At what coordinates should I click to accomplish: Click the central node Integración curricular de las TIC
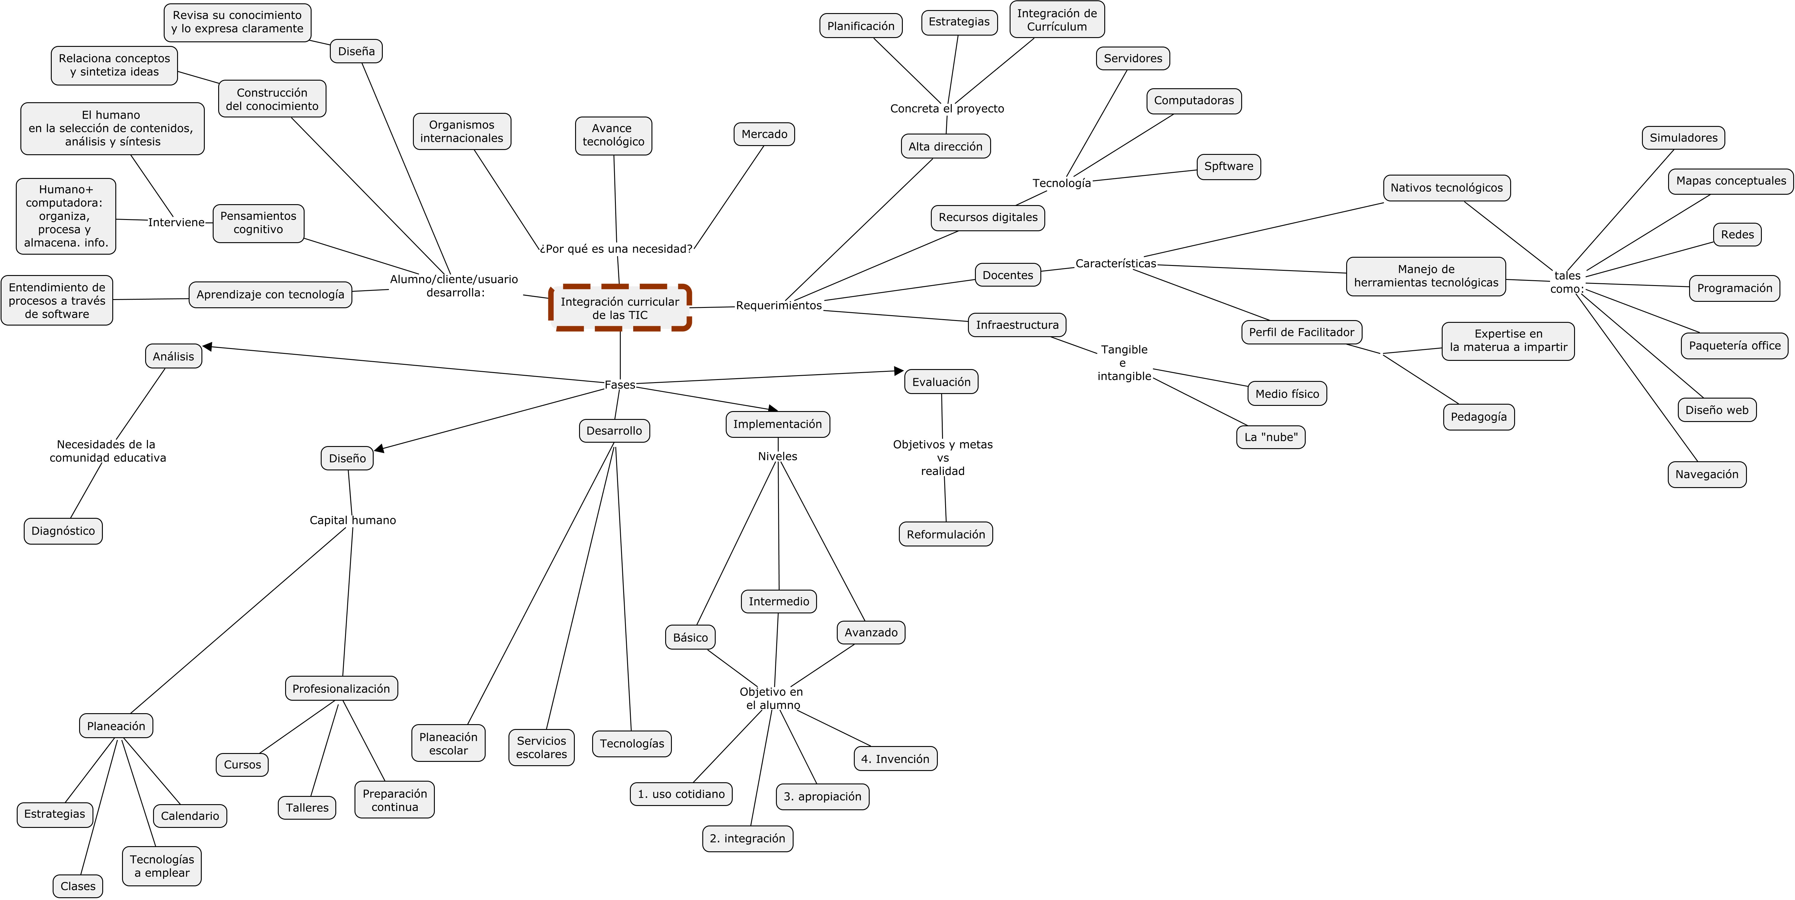click(x=620, y=308)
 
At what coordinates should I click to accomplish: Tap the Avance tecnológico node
click(x=613, y=135)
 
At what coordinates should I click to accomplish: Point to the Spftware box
click(x=1228, y=166)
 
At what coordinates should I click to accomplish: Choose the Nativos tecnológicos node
click(x=1447, y=188)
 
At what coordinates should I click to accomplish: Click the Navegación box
click(x=1706, y=474)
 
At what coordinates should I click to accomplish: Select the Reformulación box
click(x=946, y=534)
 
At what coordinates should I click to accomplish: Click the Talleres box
click(x=307, y=808)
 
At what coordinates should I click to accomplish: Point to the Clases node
click(x=77, y=886)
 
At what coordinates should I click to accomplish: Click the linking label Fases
click(x=620, y=385)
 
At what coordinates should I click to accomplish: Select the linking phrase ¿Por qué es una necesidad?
click(x=616, y=249)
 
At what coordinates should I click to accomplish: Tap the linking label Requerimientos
click(x=778, y=305)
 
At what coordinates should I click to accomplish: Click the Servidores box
click(x=1132, y=58)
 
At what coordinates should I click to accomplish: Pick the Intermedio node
click(x=778, y=601)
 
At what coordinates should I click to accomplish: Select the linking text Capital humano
click(x=353, y=520)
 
